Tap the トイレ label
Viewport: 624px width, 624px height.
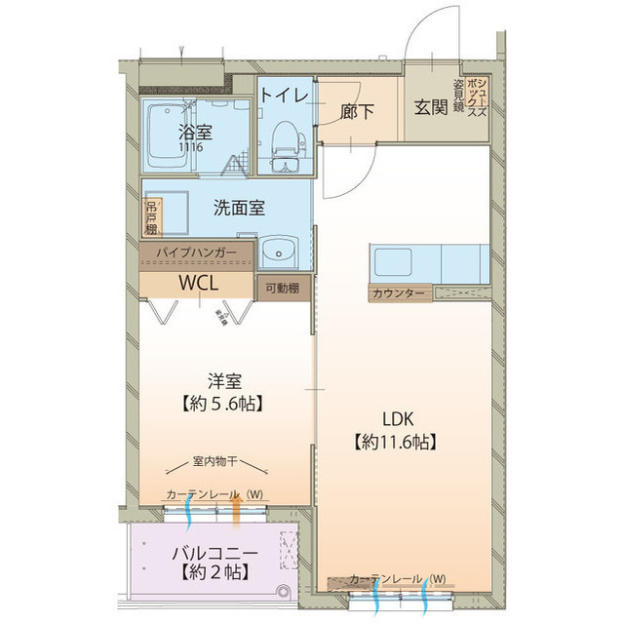point(284,95)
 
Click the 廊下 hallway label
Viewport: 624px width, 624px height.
point(357,111)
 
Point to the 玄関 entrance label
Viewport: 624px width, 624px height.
point(430,106)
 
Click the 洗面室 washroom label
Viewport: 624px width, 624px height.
point(240,208)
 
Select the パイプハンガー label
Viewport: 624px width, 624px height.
point(197,253)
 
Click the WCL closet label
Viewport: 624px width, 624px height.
point(198,283)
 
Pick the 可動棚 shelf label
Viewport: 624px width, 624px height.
point(284,288)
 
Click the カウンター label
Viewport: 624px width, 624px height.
point(397,292)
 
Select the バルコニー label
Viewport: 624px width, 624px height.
point(214,553)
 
